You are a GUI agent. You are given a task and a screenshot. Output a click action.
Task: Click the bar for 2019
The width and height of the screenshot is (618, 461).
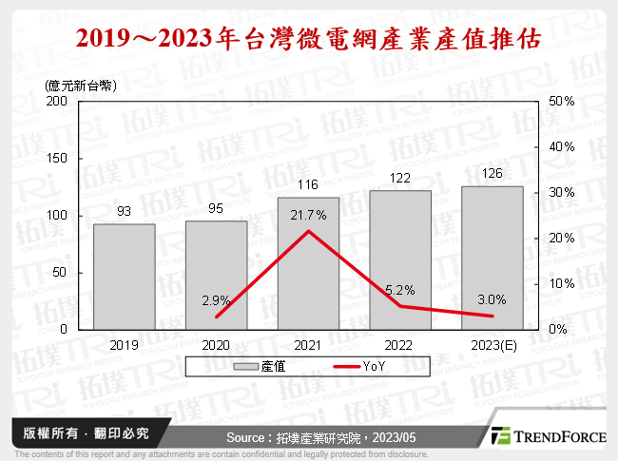click(x=125, y=277)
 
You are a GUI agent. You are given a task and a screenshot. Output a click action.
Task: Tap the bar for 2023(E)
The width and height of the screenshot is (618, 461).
click(x=492, y=258)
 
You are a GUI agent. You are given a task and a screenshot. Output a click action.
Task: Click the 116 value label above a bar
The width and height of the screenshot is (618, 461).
click(x=308, y=185)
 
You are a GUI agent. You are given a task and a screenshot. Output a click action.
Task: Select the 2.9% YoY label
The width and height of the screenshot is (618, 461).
click(x=216, y=300)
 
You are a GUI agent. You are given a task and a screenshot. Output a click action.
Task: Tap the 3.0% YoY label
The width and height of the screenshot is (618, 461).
click(x=492, y=298)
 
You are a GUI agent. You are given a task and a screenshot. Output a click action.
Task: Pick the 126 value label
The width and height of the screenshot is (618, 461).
click(x=492, y=174)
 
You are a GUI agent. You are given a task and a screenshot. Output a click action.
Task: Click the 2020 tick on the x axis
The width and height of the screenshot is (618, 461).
click(x=216, y=343)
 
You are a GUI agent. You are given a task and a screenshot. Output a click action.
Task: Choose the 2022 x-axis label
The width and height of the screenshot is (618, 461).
click(x=400, y=343)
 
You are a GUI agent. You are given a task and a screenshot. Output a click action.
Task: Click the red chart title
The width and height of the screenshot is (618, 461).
click(x=308, y=39)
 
